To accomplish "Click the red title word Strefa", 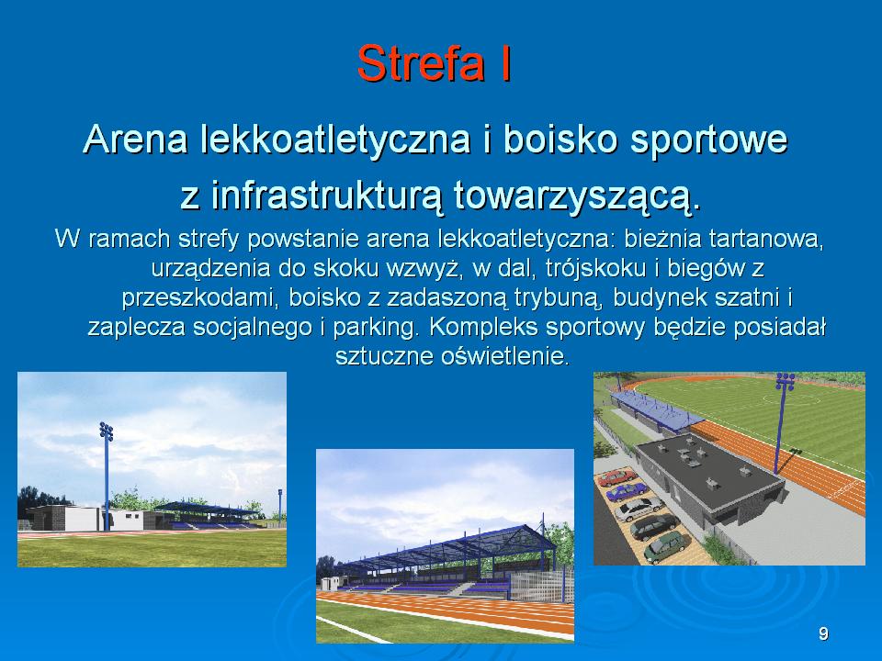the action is [421, 63].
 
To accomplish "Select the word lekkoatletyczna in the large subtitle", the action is [335, 140].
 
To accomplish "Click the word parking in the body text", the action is [377, 328].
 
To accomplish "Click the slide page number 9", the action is [823, 634].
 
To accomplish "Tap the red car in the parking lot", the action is [617, 477].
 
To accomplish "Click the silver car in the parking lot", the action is [639, 509].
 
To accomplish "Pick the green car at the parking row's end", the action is [664, 545].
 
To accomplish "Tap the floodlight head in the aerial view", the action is [786, 381].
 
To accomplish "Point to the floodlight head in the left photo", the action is [107, 431].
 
